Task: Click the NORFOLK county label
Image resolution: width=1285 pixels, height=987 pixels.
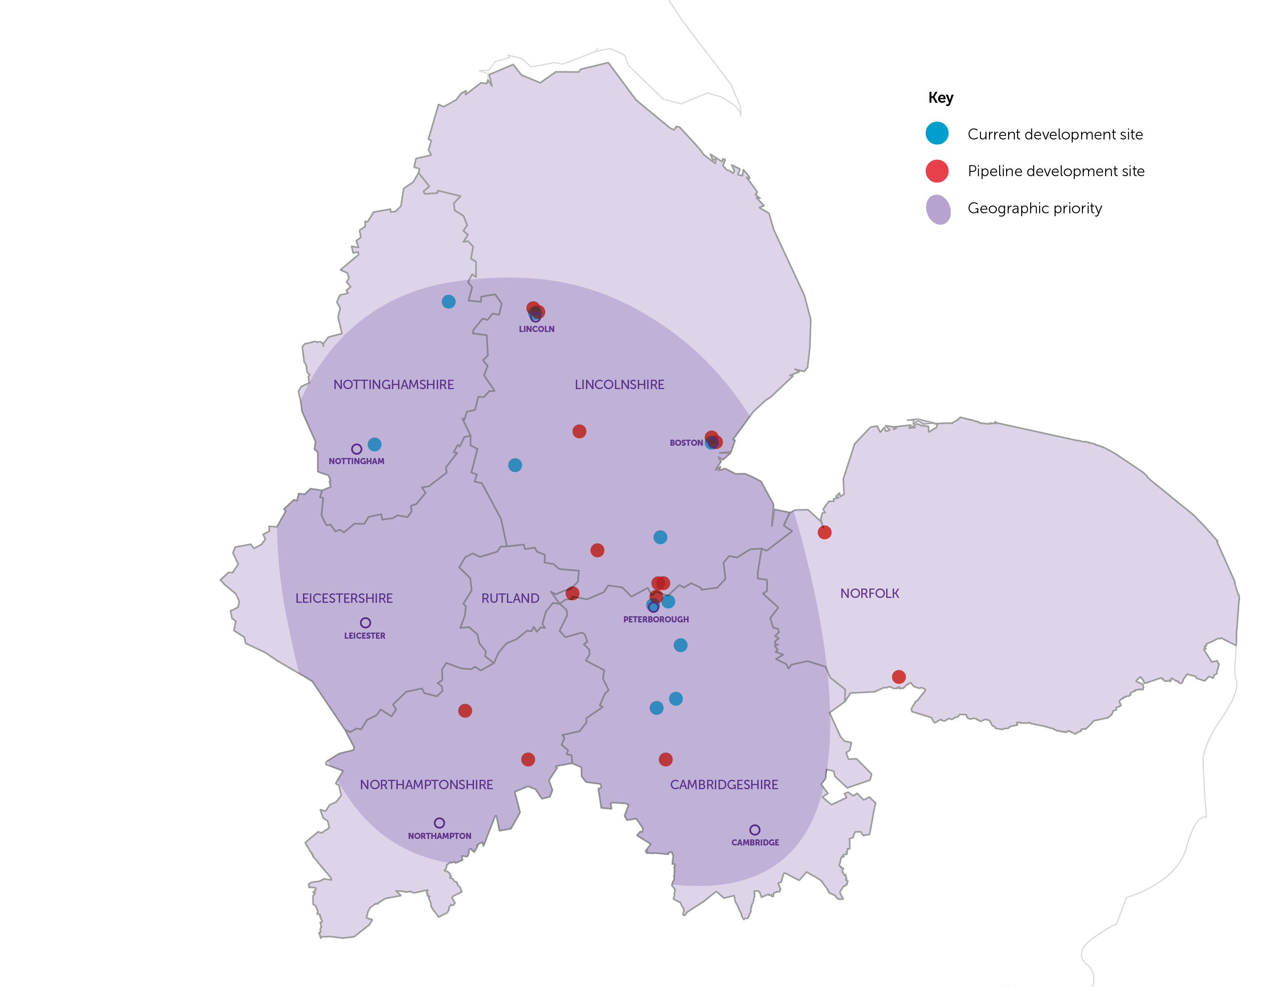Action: point(869,593)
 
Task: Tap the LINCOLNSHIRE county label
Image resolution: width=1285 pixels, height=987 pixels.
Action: point(619,385)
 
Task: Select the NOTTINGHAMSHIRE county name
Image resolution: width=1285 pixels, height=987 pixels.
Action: point(394,385)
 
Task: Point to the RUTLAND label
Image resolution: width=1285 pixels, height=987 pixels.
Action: point(510,598)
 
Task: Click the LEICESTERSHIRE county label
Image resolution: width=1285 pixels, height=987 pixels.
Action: point(343,598)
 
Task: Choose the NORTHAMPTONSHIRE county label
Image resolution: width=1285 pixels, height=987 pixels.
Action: point(427,785)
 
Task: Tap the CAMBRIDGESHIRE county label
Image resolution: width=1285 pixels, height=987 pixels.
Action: point(723,785)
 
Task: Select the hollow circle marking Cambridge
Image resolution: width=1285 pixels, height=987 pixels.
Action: point(755,830)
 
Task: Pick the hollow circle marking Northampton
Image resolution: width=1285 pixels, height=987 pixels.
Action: point(439,823)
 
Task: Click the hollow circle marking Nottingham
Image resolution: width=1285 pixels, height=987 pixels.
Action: point(356,449)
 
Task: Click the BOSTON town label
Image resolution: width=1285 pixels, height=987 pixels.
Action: point(686,443)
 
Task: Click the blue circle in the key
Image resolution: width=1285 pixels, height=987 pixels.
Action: point(937,133)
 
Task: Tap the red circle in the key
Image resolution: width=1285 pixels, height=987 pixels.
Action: point(937,171)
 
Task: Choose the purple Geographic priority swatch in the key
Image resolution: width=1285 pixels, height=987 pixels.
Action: point(938,209)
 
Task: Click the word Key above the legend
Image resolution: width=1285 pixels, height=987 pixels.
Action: point(940,97)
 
